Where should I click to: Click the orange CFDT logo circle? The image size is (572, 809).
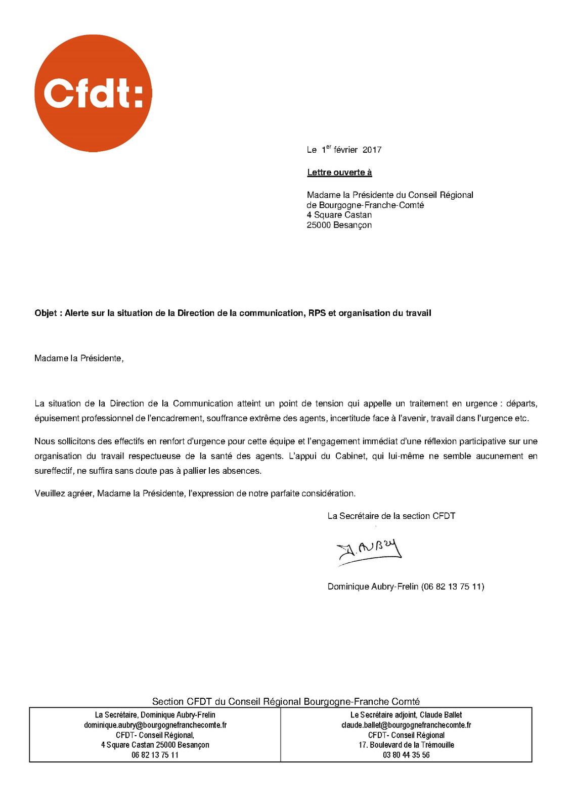click(x=93, y=93)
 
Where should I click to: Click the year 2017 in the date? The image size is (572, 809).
click(x=372, y=150)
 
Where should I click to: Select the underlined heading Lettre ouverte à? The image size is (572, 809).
click(x=339, y=172)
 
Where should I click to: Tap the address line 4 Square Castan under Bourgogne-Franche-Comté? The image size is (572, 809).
click(x=339, y=215)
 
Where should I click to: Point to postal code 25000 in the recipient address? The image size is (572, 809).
click(x=319, y=225)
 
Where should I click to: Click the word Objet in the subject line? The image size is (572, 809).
click(x=46, y=313)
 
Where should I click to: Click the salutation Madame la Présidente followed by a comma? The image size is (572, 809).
click(x=78, y=358)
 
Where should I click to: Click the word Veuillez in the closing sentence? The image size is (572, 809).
click(x=50, y=493)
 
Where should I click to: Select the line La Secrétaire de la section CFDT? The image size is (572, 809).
click(x=391, y=516)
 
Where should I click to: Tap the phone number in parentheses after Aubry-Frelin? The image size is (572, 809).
click(x=453, y=587)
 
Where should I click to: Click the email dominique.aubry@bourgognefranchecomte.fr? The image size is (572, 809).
click(x=155, y=725)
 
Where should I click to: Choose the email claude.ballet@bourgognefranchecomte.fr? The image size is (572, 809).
click(x=406, y=725)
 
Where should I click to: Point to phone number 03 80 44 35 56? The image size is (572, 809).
click(x=406, y=755)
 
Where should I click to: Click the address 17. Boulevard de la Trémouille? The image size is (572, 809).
click(x=406, y=745)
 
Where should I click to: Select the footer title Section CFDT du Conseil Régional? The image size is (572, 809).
click(x=286, y=701)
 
